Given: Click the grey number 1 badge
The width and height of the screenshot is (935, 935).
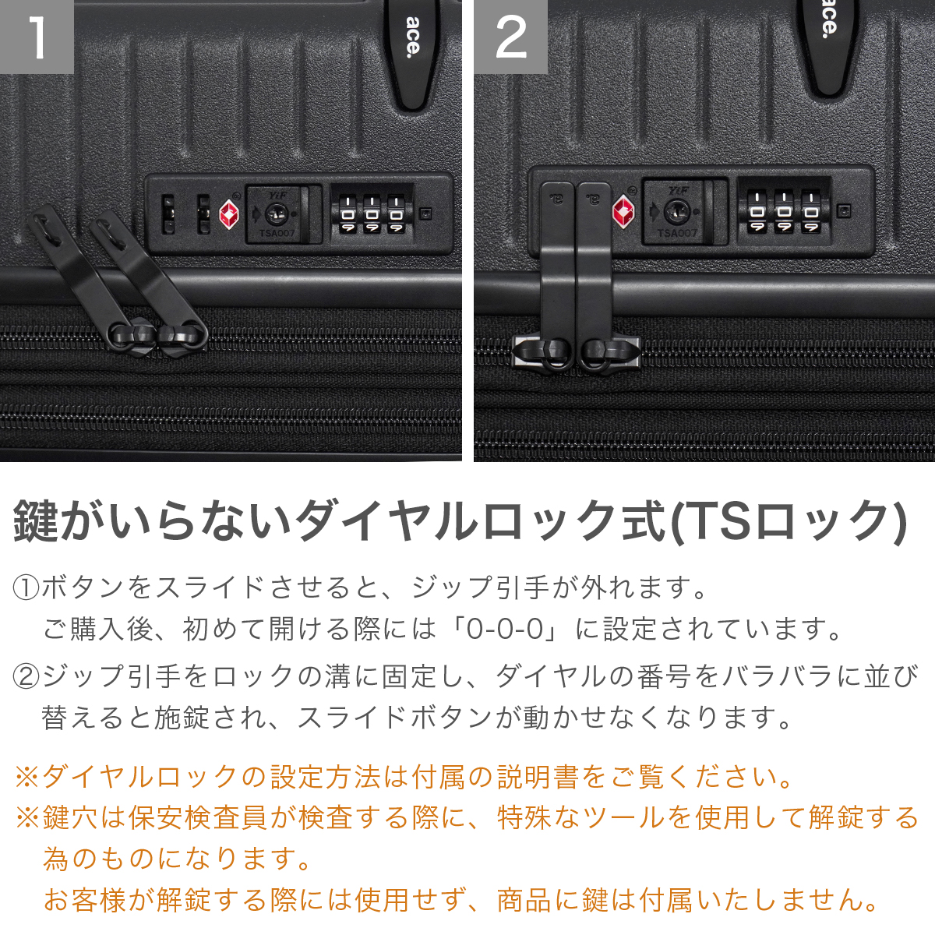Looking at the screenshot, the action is coord(37,37).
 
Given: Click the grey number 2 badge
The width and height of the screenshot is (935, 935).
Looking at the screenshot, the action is coord(511,37).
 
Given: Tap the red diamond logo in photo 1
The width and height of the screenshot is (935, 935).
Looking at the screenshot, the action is coord(229,214).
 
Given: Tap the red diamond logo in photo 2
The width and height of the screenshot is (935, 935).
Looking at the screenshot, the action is coord(623,212).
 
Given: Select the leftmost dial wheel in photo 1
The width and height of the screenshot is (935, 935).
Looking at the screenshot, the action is coord(348,214).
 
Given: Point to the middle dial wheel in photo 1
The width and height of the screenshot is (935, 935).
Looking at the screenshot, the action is coord(372,214).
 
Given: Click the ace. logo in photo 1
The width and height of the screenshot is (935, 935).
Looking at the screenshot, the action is coord(412,37).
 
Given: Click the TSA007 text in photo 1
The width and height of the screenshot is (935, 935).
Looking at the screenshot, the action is coord(277,234).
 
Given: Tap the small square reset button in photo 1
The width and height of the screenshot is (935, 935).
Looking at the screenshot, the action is coord(426,213).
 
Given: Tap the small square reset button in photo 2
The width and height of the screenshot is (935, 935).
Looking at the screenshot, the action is coord(845,211).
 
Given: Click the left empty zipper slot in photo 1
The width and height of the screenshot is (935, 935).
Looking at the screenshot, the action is coord(168,214).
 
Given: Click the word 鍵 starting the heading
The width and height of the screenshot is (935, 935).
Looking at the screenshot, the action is coord(34,522).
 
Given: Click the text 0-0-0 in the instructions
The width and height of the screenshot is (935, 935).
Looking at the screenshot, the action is coord(505,629).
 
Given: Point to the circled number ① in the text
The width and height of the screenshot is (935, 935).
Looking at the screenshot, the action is coord(26,587).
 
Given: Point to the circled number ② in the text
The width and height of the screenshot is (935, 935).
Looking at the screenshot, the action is coord(26,676).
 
